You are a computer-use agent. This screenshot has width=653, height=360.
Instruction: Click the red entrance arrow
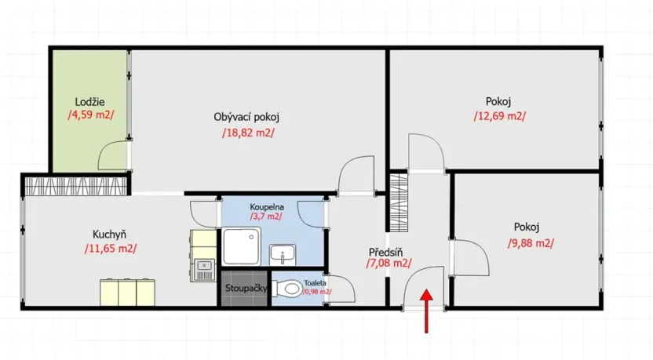coord(426,311)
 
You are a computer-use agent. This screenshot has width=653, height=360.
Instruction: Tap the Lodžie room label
coord(90,101)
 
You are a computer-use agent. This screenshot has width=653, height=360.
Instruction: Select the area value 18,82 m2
coord(248,133)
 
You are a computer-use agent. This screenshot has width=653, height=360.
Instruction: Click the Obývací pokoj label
coord(246,117)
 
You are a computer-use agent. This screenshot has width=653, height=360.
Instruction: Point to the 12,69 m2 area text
coord(499,116)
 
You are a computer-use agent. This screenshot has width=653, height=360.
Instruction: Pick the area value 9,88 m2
coord(531,242)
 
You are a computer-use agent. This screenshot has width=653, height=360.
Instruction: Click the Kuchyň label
coord(110,234)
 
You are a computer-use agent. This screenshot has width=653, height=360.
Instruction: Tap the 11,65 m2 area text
coord(110,249)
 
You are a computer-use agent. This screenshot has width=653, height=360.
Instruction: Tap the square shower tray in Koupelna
coord(242,246)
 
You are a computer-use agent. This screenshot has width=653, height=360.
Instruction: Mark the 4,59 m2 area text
coord(90,115)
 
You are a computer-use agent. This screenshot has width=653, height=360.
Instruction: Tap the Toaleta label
coord(317,282)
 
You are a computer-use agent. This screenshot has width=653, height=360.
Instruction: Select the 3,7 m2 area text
coord(266,216)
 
